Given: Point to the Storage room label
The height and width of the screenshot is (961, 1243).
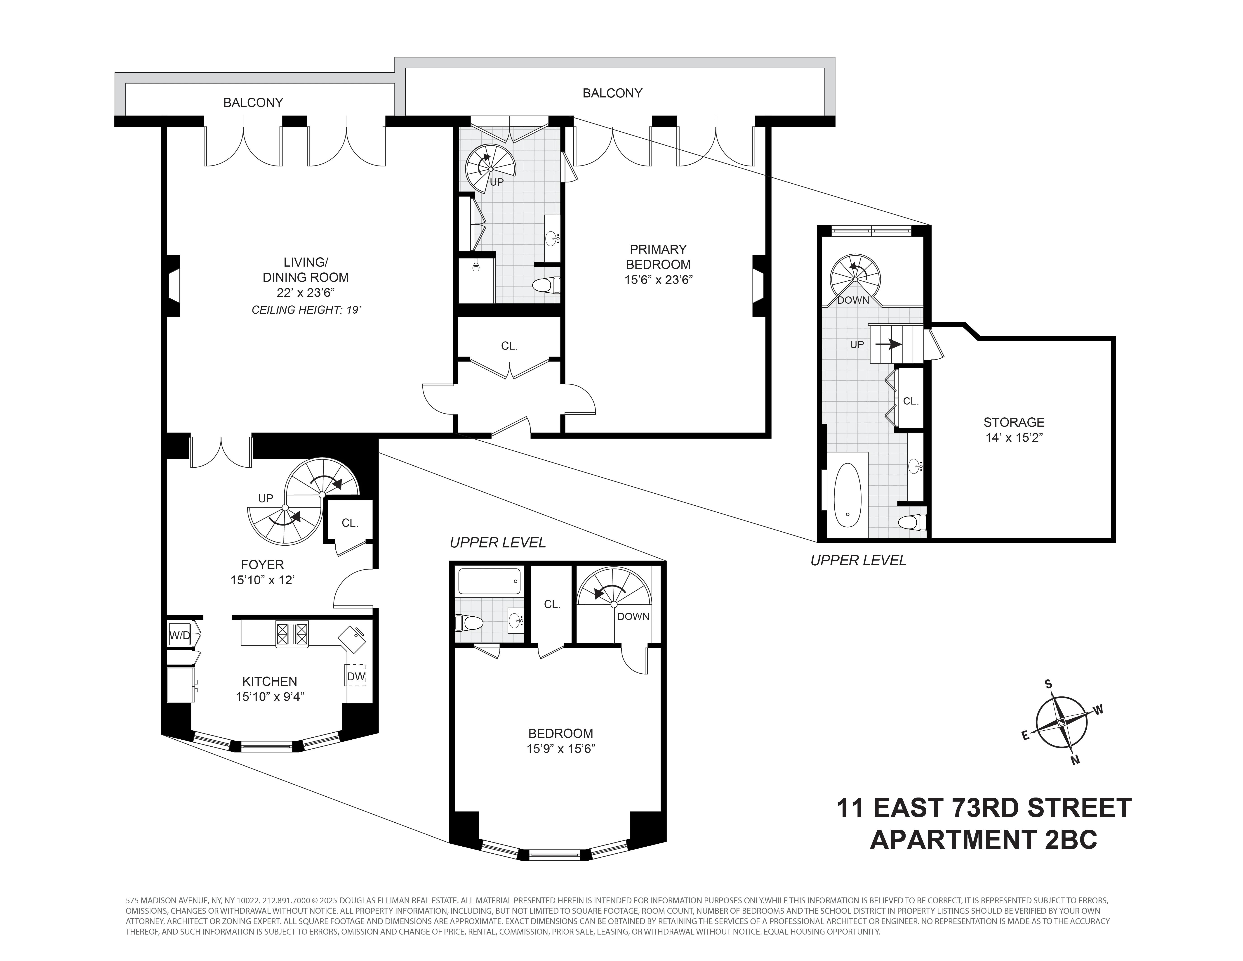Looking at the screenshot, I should (1014, 422).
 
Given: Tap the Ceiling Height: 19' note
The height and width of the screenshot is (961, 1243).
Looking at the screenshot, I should (306, 310).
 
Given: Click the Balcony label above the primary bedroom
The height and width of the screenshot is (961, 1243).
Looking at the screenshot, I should (612, 93).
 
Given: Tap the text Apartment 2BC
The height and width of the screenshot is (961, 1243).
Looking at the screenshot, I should (983, 839).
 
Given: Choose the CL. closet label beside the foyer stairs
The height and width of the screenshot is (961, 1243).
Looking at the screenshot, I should (349, 523).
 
